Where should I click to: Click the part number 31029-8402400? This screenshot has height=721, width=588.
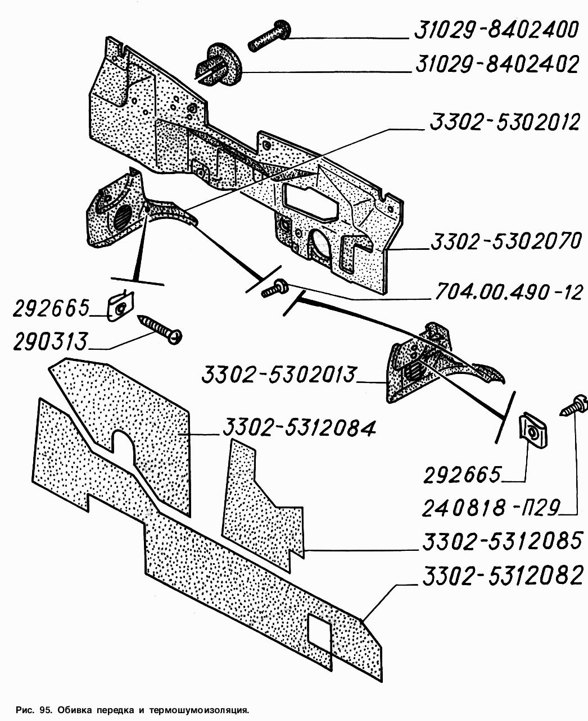496,30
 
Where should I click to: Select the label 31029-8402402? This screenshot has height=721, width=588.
497,64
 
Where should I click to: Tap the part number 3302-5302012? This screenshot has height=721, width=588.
505,122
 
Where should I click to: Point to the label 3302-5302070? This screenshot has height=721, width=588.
506,241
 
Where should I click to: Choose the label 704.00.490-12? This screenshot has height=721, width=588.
509,292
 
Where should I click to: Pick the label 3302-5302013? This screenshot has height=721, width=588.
279,375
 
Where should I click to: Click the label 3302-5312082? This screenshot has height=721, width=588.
503,575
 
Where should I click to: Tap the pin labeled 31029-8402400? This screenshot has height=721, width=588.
269,36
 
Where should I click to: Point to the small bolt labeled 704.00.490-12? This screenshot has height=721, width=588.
274,289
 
